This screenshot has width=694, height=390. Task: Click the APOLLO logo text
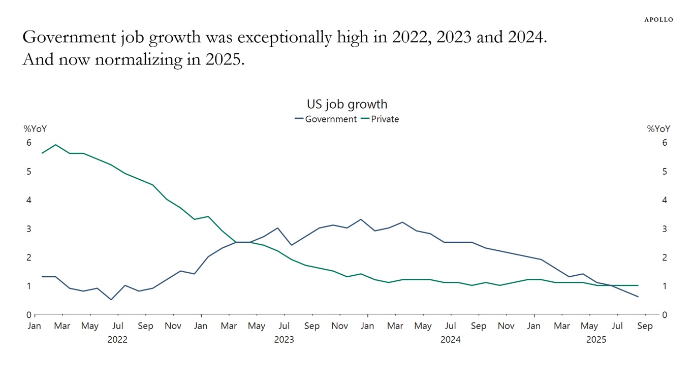(x=658, y=20)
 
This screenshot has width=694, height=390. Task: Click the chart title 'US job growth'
(x=347, y=104)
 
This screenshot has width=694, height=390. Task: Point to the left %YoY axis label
(x=35, y=129)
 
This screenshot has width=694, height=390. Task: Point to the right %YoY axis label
(x=658, y=129)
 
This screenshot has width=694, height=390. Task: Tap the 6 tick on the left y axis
(x=29, y=143)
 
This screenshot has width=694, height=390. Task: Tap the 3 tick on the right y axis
(x=665, y=229)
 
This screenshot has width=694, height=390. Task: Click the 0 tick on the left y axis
(x=29, y=315)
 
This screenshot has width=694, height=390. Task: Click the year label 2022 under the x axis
(x=117, y=340)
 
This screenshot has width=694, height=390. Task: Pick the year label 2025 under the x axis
(x=596, y=340)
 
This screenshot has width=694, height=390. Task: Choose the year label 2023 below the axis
(x=284, y=340)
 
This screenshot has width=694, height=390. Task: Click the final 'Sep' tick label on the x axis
(x=645, y=326)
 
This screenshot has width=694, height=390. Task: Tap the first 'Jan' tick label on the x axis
(x=34, y=326)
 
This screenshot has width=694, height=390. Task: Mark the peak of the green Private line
(x=55, y=145)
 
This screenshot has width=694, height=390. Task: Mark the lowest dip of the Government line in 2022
(x=111, y=300)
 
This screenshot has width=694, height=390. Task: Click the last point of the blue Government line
(x=638, y=297)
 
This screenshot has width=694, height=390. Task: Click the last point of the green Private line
(x=638, y=285)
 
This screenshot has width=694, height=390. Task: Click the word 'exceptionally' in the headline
(x=283, y=38)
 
